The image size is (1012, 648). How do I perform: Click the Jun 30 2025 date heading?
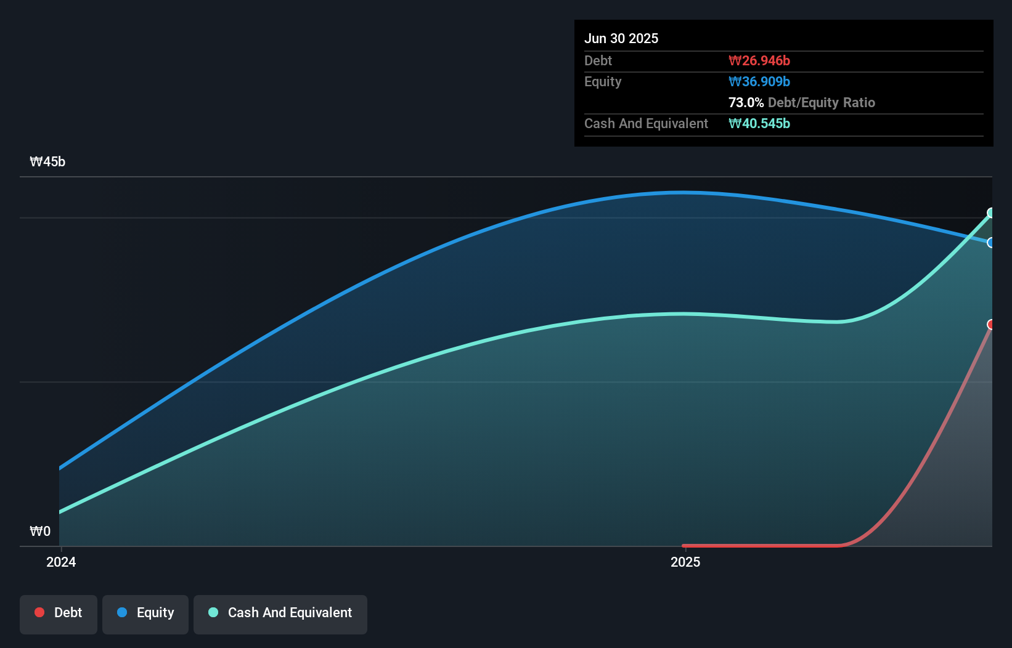pos(621,38)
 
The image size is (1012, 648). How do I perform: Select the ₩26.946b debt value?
pos(759,60)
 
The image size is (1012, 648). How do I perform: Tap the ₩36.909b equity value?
pos(759,81)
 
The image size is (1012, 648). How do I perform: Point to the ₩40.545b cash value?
pos(759,123)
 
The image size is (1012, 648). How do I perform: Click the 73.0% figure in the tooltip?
pos(746,102)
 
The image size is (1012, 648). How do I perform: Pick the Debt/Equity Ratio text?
pos(821,102)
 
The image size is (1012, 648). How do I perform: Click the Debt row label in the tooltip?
pos(598,60)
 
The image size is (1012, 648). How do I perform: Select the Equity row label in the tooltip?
pos(602,81)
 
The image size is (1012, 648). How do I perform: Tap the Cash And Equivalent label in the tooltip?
pos(646,123)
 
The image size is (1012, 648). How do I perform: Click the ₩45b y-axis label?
pos(47,161)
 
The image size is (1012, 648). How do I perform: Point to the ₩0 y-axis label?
pos(40,531)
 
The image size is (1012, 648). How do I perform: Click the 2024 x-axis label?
pos(61,562)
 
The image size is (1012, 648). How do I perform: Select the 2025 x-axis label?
pos(685,562)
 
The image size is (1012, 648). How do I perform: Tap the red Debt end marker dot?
pos(991,325)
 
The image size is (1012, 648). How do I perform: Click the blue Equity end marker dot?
pos(991,243)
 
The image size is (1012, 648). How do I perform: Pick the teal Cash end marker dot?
pos(991,213)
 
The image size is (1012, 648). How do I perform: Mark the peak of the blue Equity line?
pos(682,193)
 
